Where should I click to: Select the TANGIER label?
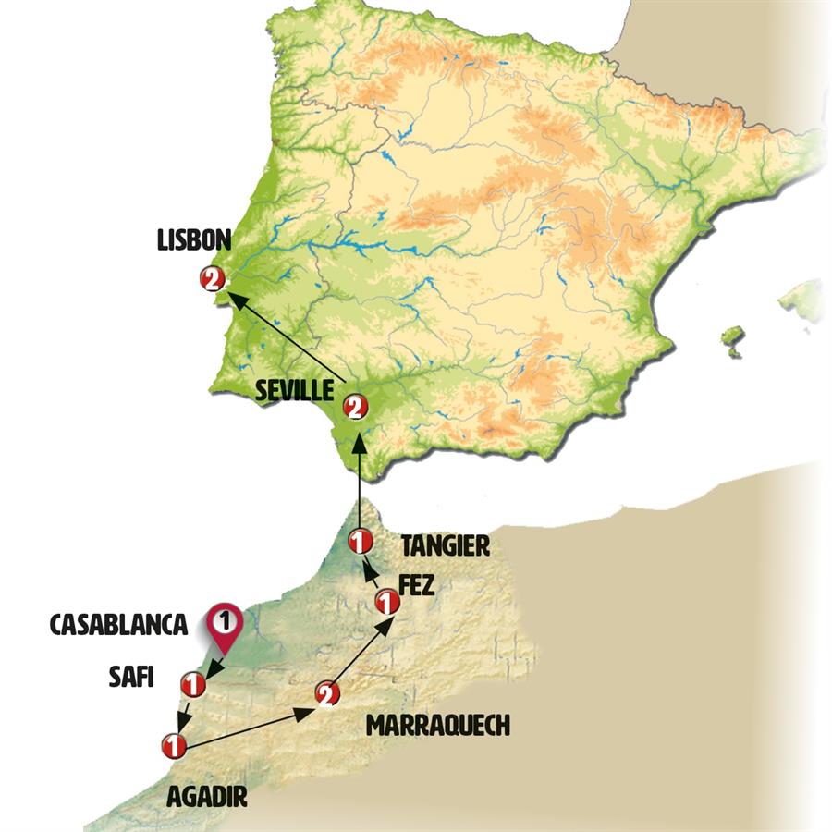[x=444, y=546]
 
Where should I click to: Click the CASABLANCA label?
[x=118, y=626]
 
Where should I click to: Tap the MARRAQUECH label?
[x=438, y=726]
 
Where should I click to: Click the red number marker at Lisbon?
[x=212, y=278]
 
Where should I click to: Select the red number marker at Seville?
[x=355, y=406]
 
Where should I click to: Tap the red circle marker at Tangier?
[x=360, y=541]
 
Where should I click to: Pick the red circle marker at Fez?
[x=386, y=604]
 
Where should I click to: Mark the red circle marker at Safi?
[x=193, y=685]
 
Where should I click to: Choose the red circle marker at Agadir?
[x=172, y=744]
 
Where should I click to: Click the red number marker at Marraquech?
[x=324, y=694]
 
